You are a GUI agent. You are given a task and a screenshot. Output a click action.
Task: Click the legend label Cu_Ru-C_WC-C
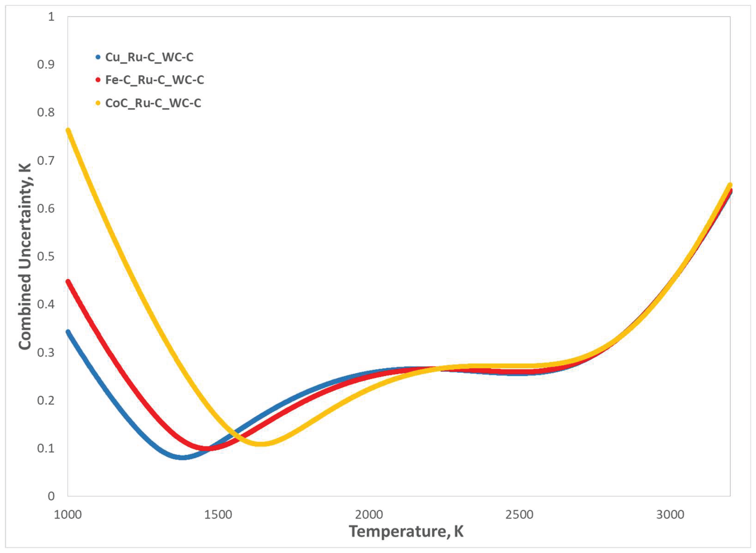click(x=149, y=57)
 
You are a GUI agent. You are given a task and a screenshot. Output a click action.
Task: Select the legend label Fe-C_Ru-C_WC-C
click(x=154, y=80)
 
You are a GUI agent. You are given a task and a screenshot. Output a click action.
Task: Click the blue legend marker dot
click(x=98, y=57)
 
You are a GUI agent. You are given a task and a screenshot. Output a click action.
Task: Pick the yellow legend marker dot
click(x=98, y=103)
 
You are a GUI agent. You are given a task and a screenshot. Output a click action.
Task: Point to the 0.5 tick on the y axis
click(x=46, y=256)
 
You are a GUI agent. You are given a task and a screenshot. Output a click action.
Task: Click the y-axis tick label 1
click(x=51, y=17)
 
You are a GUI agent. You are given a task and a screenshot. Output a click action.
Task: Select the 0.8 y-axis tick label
click(x=46, y=113)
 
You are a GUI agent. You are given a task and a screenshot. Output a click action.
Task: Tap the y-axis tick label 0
click(x=51, y=496)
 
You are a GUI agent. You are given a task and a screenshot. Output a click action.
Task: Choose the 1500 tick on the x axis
click(x=218, y=515)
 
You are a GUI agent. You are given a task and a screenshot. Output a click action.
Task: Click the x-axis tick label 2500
click(x=519, y=515)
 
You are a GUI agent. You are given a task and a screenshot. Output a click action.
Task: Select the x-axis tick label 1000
click(x=68, y=515)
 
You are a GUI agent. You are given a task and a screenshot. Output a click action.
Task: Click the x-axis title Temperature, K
click(x=406, y=531)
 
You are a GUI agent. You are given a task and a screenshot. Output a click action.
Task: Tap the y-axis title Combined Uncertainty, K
click(x=24, y=256)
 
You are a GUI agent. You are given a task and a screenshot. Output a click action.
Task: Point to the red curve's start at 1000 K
click(x=68, y=281)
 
